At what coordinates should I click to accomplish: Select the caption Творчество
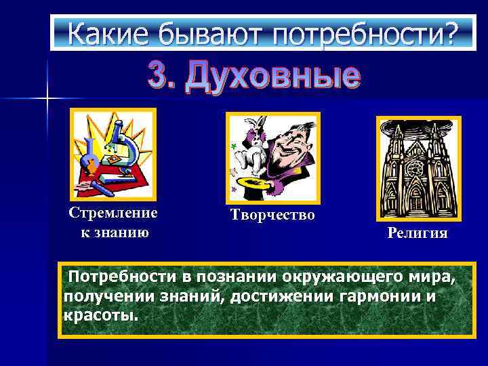pos(272,216)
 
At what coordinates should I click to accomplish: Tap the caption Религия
pos(418,234)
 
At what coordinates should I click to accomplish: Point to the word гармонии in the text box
pos(372,297)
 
